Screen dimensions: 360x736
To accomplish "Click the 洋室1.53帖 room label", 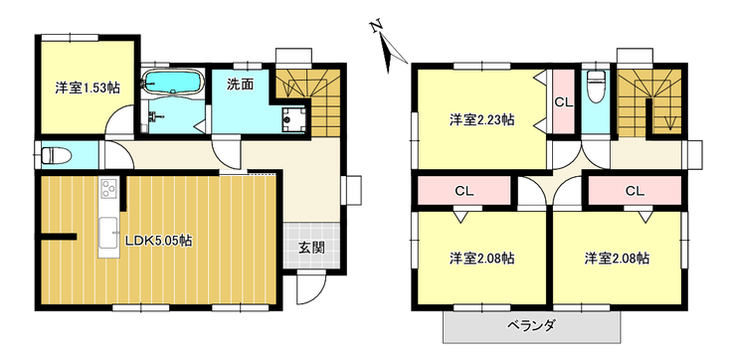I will [x=88, y=88].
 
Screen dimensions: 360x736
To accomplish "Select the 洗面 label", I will [x=240, y=84].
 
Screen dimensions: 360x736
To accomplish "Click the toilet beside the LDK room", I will [x=53, y=155].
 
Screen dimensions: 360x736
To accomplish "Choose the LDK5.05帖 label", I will [x=158, y=241].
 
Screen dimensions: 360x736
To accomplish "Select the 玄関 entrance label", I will [x=310, y=248].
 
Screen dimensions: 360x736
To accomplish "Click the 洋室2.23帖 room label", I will [x=481, y=119].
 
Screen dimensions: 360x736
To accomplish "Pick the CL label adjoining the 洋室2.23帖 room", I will [x=563, y=101].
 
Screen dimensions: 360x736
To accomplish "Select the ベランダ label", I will [x=530, y=326].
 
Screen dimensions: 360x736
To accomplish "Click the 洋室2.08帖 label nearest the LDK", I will [x=481, y=259].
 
